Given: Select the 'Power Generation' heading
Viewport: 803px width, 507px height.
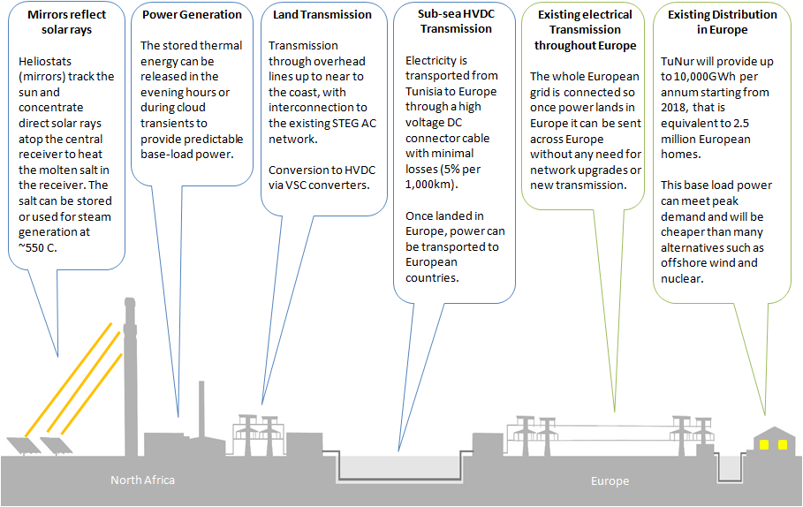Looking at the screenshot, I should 191,15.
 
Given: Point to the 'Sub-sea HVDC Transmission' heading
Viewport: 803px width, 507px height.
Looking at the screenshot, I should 455,21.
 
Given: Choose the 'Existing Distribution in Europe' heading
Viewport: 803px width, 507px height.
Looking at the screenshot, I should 723,22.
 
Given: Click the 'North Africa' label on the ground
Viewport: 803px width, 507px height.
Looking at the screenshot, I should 142,480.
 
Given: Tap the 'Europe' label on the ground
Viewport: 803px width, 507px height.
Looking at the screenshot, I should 610,481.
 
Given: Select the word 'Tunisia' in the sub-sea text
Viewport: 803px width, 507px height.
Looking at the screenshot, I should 426,92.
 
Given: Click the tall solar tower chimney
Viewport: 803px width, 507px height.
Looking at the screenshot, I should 130,371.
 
